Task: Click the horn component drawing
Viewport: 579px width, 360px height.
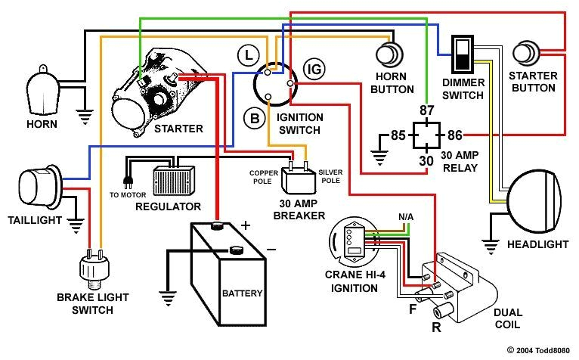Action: click(x=42, y=88)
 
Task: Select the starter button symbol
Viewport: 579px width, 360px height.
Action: click(x=526, y=54)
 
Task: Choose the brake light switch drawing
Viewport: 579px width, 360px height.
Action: click(x=91, y=268)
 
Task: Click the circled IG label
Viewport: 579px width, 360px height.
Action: click(x=313, y=70)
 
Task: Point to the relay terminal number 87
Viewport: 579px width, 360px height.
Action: click(x=427, y=112)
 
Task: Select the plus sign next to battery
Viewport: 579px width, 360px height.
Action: click(x=245, y=225)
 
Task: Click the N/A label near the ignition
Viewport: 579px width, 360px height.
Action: click(x=406, y=217)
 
